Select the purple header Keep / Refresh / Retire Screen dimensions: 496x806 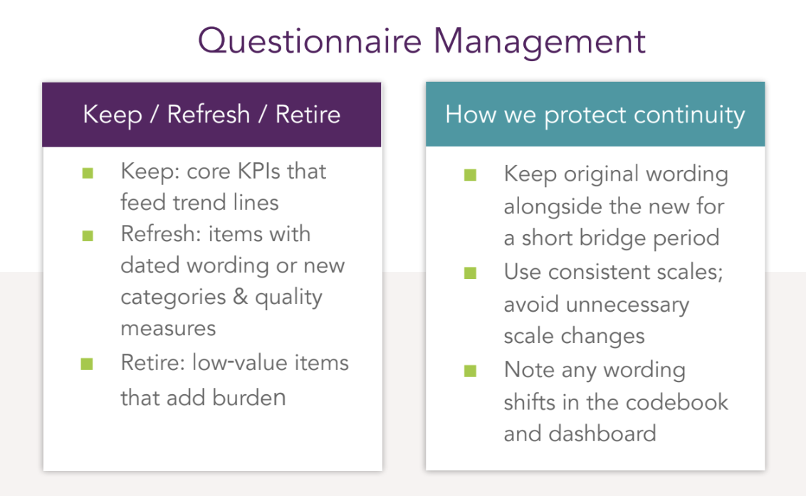211,115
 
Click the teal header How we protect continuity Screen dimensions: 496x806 595,115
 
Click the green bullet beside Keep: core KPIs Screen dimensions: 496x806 88,172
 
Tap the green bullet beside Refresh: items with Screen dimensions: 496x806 88,236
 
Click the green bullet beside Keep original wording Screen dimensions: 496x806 471,175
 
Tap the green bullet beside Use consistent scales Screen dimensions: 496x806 471,273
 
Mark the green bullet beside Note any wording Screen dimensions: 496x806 471,371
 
